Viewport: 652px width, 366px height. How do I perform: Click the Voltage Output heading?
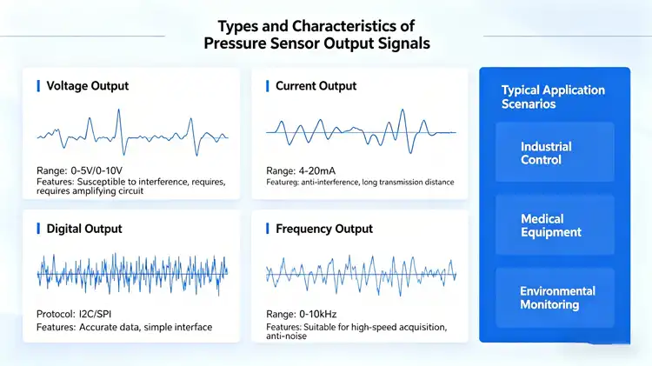(x=87, y=86)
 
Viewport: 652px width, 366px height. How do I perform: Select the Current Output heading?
(x=316, y=86)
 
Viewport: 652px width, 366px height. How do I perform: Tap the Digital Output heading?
(x=83, y=229)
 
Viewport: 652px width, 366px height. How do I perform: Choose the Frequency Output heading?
(x=323, y=229)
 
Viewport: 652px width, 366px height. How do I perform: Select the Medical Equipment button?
(x=542, y=226)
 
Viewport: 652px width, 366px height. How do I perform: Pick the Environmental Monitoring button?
(x=557, y=298)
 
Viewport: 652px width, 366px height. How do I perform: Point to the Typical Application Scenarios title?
(x=553, y=96)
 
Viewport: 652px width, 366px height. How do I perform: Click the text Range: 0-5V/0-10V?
(x=81, y=170)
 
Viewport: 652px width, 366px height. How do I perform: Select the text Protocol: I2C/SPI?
(x=79, y=313)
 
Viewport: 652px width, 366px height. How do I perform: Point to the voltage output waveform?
(x=132, y=132)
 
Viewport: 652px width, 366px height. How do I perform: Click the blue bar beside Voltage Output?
(x=38, y=86)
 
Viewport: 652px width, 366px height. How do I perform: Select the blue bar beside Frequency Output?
(x=267, y=229)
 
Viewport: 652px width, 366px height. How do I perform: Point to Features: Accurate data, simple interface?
(x=123, y=327)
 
